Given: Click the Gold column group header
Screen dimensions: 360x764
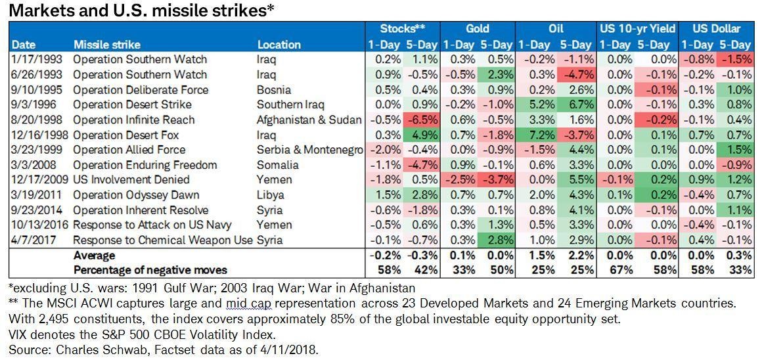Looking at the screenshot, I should click(478, 29).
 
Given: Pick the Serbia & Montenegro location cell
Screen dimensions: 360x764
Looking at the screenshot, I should click(309, 150).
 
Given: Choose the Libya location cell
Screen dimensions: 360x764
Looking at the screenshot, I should click(271, 195).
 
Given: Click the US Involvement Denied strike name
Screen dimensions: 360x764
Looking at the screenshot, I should click(131, 180).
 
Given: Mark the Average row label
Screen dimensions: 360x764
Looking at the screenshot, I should click(94, 255).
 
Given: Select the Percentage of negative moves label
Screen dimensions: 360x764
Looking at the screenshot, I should click(150, 270).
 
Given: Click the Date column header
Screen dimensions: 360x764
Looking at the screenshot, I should click(24, 45).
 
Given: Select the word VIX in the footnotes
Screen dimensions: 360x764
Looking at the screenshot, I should click(18, 334).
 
